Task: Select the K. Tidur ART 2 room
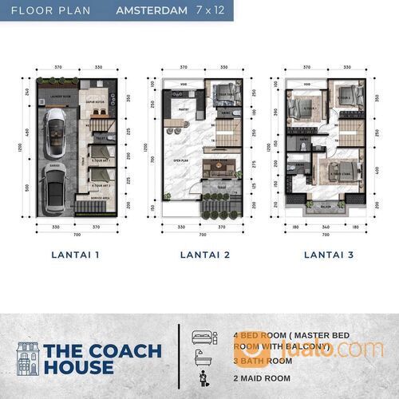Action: point(101,184)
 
